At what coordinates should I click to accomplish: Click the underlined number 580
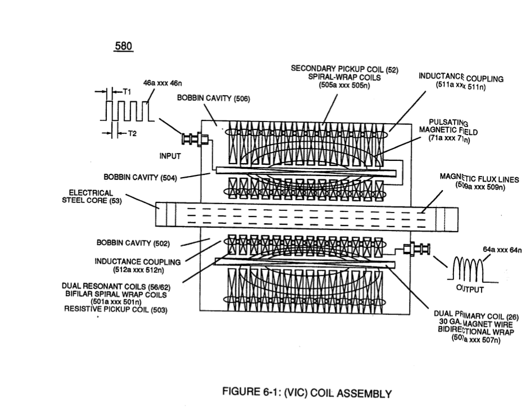coord(123,46)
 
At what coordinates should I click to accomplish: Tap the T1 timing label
coord(127,92)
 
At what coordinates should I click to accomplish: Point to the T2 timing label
coord(132,134)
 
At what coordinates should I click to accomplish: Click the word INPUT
coord(170,156)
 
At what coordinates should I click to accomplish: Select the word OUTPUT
coord(470,289)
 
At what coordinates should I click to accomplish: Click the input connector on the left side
coord(195,139)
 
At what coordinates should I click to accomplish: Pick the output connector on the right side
coord(417,249)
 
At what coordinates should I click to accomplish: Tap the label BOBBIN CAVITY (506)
coord(214,98)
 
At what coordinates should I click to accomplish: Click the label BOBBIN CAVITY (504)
coord(140,177)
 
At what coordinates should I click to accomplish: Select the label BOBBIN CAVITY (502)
coord(133,243)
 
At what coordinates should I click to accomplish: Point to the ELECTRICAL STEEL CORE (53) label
coord(92,197)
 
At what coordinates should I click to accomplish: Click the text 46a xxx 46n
coord(163,83)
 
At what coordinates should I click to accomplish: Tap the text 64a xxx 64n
coord(502,250)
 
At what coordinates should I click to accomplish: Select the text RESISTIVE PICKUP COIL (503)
coord(115,309)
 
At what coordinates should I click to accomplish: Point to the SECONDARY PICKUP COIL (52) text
coord(344,69)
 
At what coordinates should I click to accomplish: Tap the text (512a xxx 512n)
coord(138,270)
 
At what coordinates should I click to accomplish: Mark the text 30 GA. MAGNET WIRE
coord(476,323)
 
